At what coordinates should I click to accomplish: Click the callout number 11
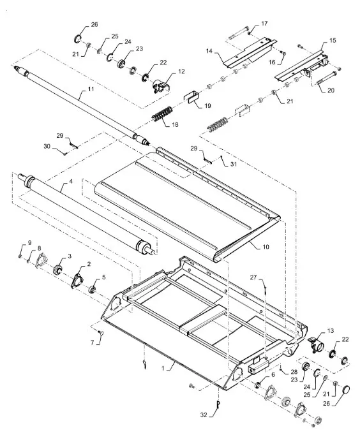coord(91,89)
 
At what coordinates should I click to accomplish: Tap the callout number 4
coord(71,182)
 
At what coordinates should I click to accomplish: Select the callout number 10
coord(266,247)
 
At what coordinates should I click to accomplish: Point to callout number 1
coord(163,369)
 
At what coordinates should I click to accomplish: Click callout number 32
coord(204,415)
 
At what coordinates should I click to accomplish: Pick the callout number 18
coord(175,124)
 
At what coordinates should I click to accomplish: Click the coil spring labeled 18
coord(162,114)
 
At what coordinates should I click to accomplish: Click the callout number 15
coord(333,41)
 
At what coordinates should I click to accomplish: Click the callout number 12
coord(182,71)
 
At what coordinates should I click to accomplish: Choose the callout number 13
coord(331,331)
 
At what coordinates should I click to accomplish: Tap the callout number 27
coord(253,277)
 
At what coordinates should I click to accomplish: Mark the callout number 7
coord(93,343)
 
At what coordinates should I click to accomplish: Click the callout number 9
coord(29,243)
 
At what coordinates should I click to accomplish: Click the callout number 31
coord(234,164)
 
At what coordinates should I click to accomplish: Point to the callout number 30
coord(47,146)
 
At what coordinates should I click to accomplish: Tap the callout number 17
coord(264,24)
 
